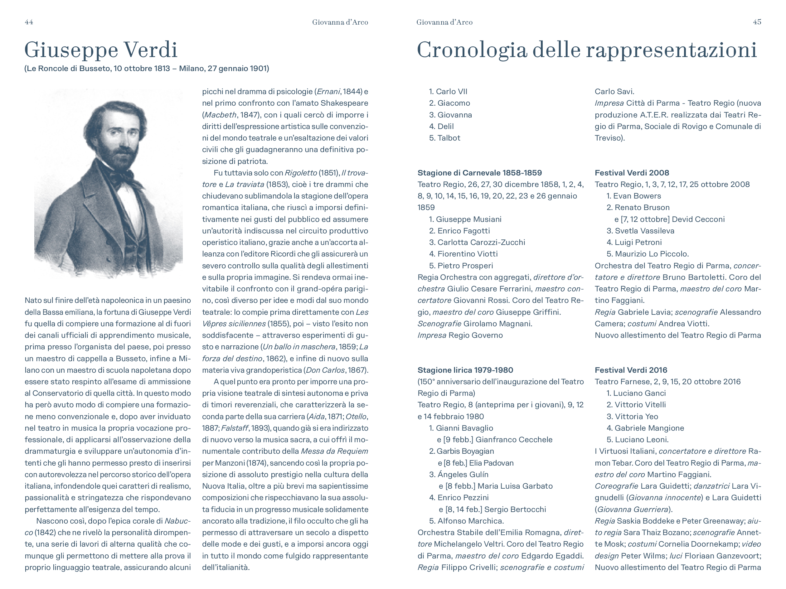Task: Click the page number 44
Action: tap(29, 22)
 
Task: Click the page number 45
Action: tap(757, 22)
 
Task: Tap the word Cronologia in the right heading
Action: tap(472, 50)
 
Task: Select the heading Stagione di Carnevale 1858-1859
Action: tap(479, 173)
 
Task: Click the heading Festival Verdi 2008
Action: tap(632, 173)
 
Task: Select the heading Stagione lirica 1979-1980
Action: tap(465, 370)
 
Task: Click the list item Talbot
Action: tap(449, 138)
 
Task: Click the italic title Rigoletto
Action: tap(301, 173)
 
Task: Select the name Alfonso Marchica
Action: tap(470, 521)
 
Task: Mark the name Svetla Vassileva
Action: tap(644, 231)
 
